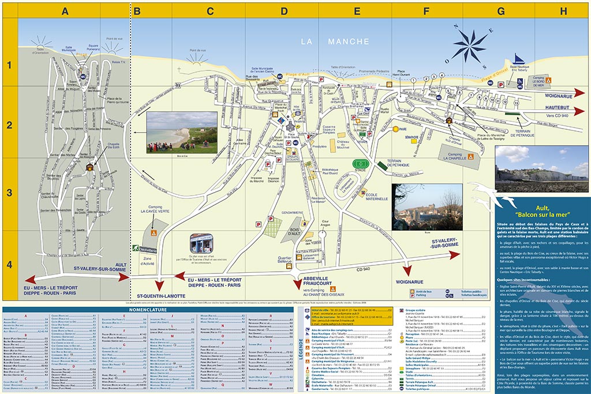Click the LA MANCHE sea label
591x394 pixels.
[335, 42]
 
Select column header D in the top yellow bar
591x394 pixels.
[284, 10]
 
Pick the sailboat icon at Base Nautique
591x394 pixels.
[519, 59]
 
